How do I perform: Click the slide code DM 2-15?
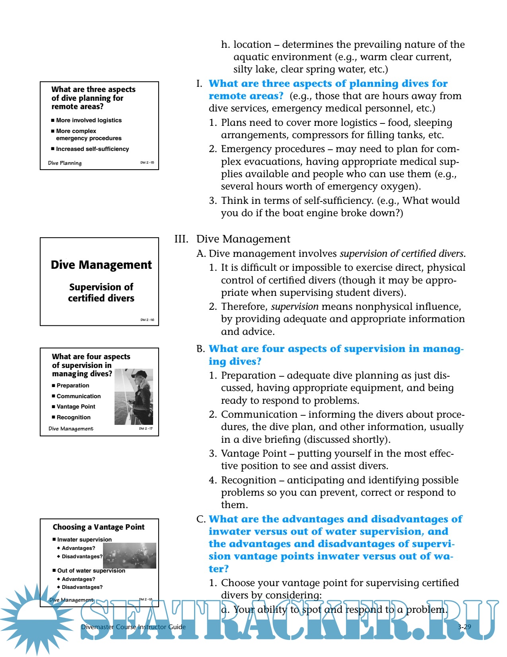(x=147, y=162)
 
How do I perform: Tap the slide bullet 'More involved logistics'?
(x=89, y=120)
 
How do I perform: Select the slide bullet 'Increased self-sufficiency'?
(x=92, y=149)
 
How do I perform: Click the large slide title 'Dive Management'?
(x=101, y=265)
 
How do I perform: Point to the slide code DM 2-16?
(x=147, y=320)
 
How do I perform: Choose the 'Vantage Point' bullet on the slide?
(x=76, y=407)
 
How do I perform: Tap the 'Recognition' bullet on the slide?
(x=74, y=417)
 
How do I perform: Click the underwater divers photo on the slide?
(x=130, y=555)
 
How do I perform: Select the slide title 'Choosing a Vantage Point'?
(x=99, y=527)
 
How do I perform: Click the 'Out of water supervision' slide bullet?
(x=91, y=571)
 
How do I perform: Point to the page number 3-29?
(x=464, y=627)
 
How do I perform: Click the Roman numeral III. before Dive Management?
(x=181, y=239)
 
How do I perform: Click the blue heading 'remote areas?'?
(x=246, y=96)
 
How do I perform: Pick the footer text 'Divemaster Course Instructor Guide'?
(x=133, y=627)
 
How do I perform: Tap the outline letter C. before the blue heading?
(x=201, y=519)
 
